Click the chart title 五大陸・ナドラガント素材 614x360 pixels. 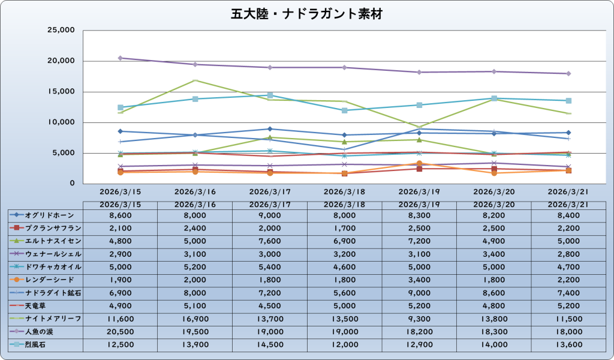(307, 13)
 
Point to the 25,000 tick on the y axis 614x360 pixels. (60, 30)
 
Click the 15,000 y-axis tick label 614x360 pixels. (60, 92)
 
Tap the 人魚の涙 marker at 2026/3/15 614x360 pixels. (121, 58)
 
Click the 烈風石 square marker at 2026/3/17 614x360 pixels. (270, 95)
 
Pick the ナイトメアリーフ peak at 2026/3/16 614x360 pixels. (195, 80)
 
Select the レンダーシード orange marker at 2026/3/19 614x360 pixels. (419, 163)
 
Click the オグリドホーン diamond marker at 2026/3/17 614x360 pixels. (270, 129)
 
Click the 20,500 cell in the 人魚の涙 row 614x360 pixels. (121, 332)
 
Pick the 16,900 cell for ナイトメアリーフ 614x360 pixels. (195, 319)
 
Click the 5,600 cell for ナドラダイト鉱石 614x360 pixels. (344, 293)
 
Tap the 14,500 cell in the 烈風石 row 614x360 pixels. (270, 345)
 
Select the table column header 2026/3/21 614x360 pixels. (568, 205)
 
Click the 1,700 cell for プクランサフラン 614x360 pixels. (344, 228)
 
